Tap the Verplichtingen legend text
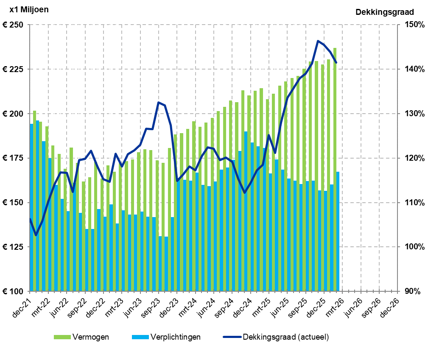pyautogui.click(x=175, y=337)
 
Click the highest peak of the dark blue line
pyautogui.click(x=318, y=41)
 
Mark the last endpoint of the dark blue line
pyautogui.click(x=336, y=63)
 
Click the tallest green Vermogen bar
pyautogui.click(x=335, y=170)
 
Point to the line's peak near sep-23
pyautogui.click(x=159, y=103)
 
